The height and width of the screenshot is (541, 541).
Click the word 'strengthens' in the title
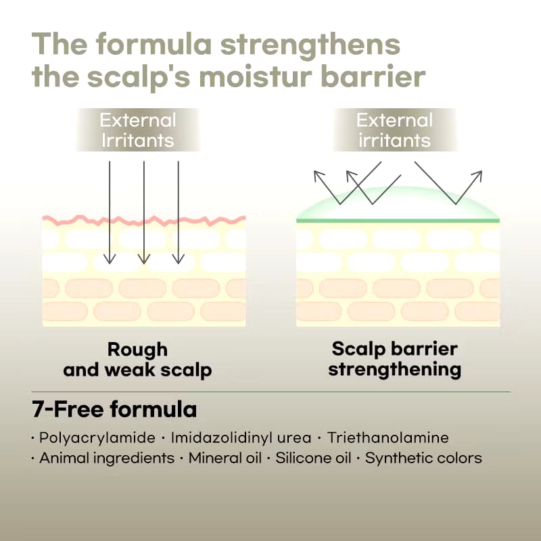[x=310, y=45]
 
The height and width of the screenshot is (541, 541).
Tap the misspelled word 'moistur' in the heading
[x=256, y=76]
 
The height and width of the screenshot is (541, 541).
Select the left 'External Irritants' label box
[x=138, y=130]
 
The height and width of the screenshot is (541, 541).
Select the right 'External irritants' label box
[x=395, y=130]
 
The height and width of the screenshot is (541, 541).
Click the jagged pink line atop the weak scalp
[x=144, y=220]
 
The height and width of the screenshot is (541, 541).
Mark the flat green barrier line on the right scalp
[x=398, y=220]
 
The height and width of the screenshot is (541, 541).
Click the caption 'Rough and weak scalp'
[x=137, y=360]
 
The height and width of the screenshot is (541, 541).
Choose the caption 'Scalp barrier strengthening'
[x=395, y=360]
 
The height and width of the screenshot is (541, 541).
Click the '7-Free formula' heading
[x=114, y=410]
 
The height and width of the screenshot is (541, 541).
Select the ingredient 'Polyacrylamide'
[x=97, y=438]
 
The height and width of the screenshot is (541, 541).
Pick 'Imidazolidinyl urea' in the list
[x=241, y=438]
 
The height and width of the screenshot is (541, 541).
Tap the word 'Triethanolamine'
[x=387, y=438]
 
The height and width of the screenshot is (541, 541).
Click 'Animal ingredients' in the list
[x=107, y=458]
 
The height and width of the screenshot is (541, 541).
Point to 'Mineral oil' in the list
[x=225, y=458]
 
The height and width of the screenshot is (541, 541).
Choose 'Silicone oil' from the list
[x=313, y=458]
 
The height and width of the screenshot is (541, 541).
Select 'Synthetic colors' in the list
[x=423, y=458]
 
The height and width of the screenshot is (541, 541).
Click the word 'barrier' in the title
[x=373, y=76]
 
